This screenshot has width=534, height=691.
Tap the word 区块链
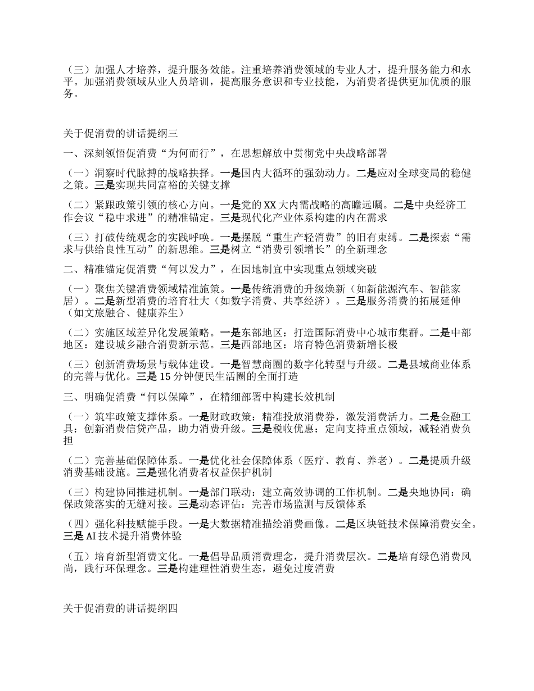pos(373,524)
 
